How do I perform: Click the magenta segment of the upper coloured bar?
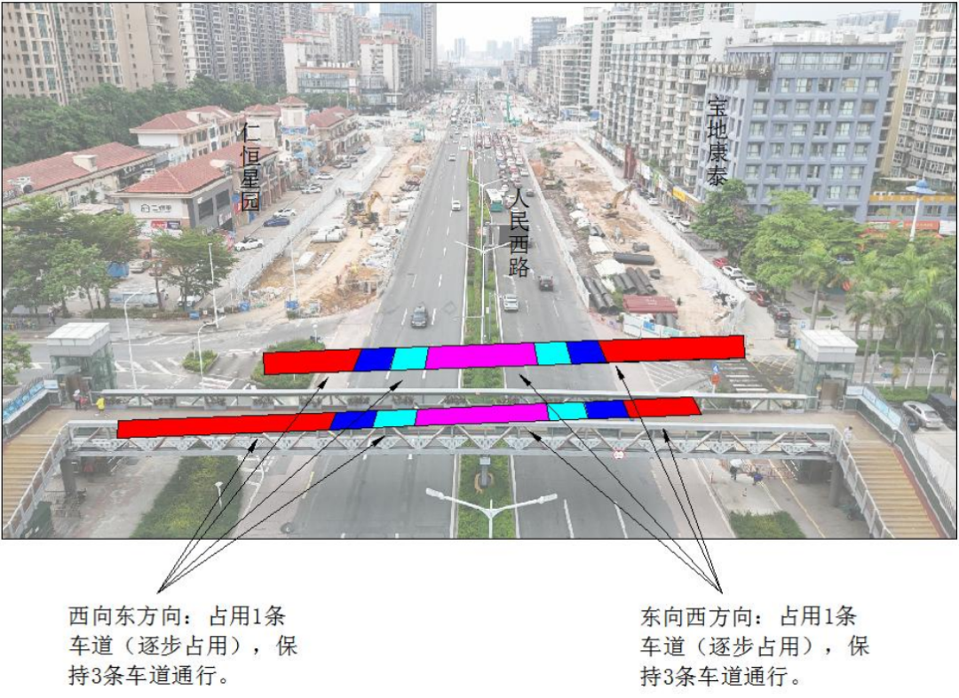coord(481,356)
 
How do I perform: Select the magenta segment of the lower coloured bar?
coord(482,414)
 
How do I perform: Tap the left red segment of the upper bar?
coord(312,361)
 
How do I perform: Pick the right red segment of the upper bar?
coord(671,348)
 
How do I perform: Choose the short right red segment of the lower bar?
coord(662,408)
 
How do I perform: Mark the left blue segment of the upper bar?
coord(375,359)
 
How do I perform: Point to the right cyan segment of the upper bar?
coord(553,353)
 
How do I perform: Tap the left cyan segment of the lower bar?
coord(395,418)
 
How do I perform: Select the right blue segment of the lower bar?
coord(606,409)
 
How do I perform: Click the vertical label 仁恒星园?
coord(250,166)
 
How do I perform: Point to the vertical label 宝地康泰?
coord(717,142)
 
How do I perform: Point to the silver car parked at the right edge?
coord(923,414)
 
